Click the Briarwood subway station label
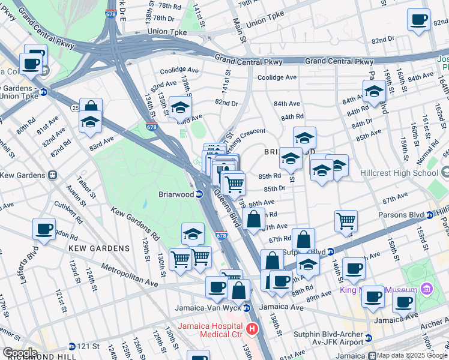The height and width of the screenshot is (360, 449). pos(176,194)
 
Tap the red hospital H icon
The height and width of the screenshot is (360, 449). pos(253,329)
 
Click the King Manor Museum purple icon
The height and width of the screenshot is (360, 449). pos(426,290)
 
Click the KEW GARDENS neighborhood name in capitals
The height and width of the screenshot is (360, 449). pos(98,248)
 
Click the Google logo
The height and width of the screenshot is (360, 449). pos(19,353)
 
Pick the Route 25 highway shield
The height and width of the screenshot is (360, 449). pos(74,107)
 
